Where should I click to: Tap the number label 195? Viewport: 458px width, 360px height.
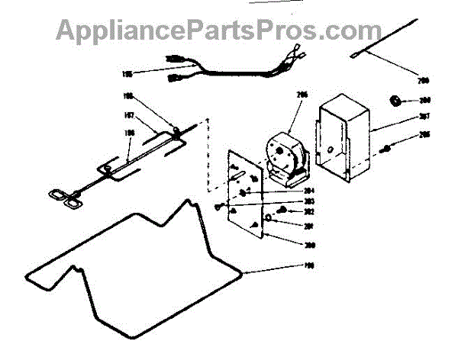(127, 74)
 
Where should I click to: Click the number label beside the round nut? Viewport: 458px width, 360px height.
(425, 100)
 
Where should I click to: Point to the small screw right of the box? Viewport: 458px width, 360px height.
(389, 148)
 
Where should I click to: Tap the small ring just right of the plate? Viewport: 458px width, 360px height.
(269, 217)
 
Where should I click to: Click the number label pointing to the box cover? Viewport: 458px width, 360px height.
(425, 117)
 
